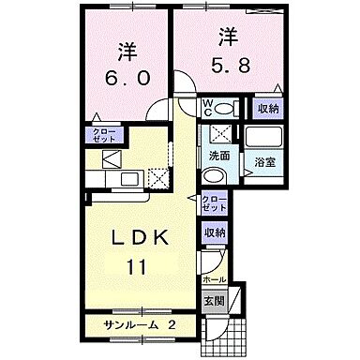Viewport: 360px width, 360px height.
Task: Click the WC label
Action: pyautogui.click(x=210, y=108)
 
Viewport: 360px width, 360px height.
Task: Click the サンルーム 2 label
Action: pyautogui.click(x=141, y=325)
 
